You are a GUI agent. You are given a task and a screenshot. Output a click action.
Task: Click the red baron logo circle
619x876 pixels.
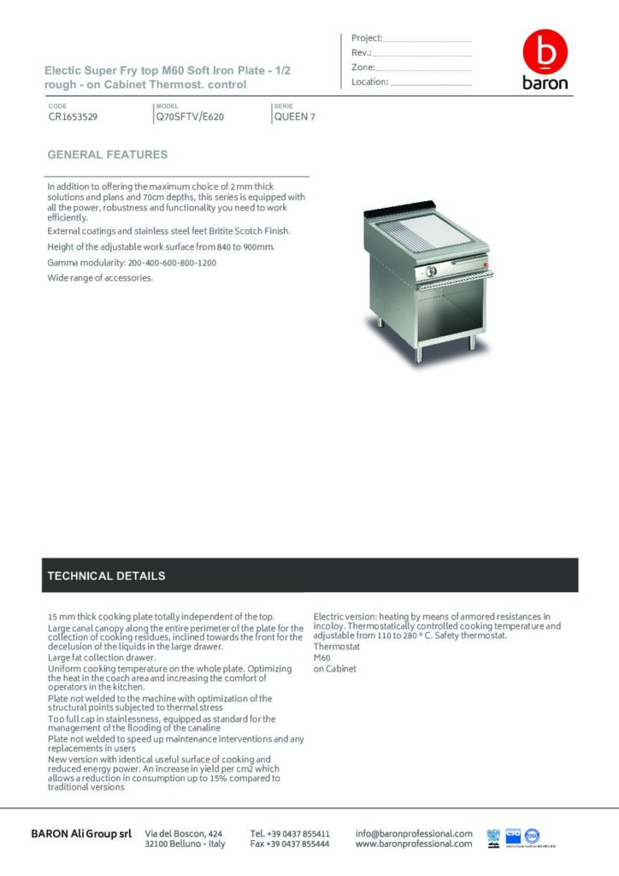click(x=545, y=53)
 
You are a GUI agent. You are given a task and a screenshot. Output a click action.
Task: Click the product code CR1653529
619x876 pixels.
click(x=73, y=117)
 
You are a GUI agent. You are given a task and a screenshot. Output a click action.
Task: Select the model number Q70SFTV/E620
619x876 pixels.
click(x=190, y=117)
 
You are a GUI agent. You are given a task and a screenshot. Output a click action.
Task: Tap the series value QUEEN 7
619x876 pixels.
click(x=294, y=117)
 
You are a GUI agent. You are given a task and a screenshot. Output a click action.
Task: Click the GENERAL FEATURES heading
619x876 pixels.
click(x=108, y=155)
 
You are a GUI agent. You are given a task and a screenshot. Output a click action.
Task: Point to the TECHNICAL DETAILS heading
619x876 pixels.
click(x=107, y=576)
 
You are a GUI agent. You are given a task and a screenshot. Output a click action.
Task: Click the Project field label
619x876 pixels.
click(x=367, y=38)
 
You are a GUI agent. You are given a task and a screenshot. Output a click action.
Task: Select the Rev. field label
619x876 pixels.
click(x=360, y=52)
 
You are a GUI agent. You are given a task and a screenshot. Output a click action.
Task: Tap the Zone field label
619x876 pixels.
click(x=363, y=67)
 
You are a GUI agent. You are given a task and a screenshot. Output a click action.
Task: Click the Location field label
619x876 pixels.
click(x=370, y=82)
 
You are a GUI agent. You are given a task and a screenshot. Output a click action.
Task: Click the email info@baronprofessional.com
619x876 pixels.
click(x=414, y=833)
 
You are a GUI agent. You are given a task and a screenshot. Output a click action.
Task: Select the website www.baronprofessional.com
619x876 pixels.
click(x=414, y=843)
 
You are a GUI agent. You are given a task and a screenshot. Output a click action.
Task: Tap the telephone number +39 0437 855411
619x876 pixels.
click(x=290, y=833)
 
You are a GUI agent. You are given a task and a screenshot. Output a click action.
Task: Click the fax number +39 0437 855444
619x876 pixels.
click(x=290, y=843)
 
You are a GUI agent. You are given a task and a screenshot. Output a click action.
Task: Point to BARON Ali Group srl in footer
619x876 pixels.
click(x=81, y=833)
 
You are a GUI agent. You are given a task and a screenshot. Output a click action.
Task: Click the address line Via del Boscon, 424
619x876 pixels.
click(x=184, y=833)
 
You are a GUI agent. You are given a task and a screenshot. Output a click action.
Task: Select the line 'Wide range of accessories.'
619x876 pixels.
click(x=100, y=278)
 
